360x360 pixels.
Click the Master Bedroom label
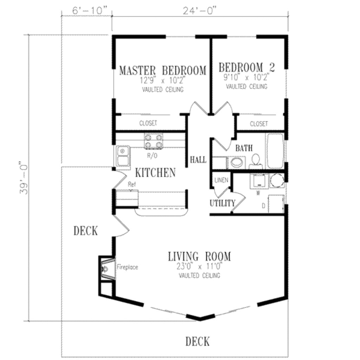(x=162, y=70)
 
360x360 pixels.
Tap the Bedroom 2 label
(x=246, y=67)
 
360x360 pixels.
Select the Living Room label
(x=199, y=256)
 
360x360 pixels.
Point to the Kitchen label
(x=155, y=173)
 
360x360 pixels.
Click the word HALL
(x=198, y=160)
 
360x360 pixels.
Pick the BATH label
(x=244, y=148)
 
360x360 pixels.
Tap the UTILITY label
(x=222, y=203)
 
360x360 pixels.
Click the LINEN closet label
(x=221, y=180)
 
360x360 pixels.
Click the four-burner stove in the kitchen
(x=154, y=141)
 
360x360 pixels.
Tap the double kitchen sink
(x=122, y=156)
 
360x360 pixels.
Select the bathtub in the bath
(x=275, y=151)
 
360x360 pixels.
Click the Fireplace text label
(x=127, y=267)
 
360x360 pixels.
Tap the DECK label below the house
(x=197, y=341)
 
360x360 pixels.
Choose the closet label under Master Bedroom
(x=148, y=123)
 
